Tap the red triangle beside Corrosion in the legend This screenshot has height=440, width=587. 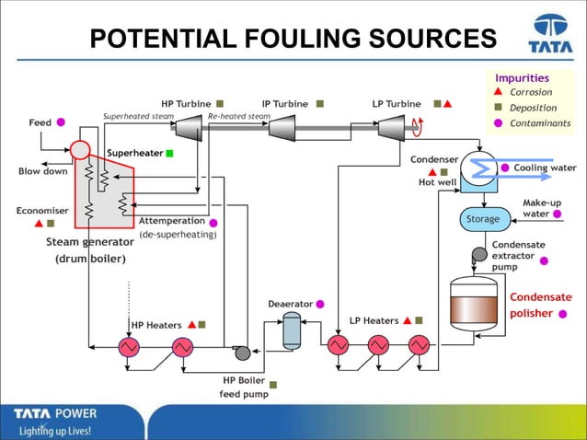tap(498, 92)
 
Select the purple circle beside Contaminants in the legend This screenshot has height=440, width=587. tap(498, 122)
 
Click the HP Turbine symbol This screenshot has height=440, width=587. tap(189, 129)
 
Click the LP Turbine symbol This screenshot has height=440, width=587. tap(392, 129)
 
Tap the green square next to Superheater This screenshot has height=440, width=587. tap(169, 153)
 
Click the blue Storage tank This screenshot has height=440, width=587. tap(484, 219)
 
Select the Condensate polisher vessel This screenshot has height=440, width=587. tap(473, 305)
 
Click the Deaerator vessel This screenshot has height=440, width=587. tap(292, 329)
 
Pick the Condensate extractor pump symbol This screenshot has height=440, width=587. tap(478, 254)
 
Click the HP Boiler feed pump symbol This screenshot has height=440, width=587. tap(242, 353)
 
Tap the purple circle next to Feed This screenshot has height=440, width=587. tap(61, 122)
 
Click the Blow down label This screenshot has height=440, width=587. tap(42, 171)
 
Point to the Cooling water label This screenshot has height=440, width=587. tap(545, 168)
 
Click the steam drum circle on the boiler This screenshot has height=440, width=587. tap(80, 149)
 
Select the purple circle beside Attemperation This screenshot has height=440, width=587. tap(213, 222)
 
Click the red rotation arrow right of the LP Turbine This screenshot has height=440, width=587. tap(417, 127)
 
